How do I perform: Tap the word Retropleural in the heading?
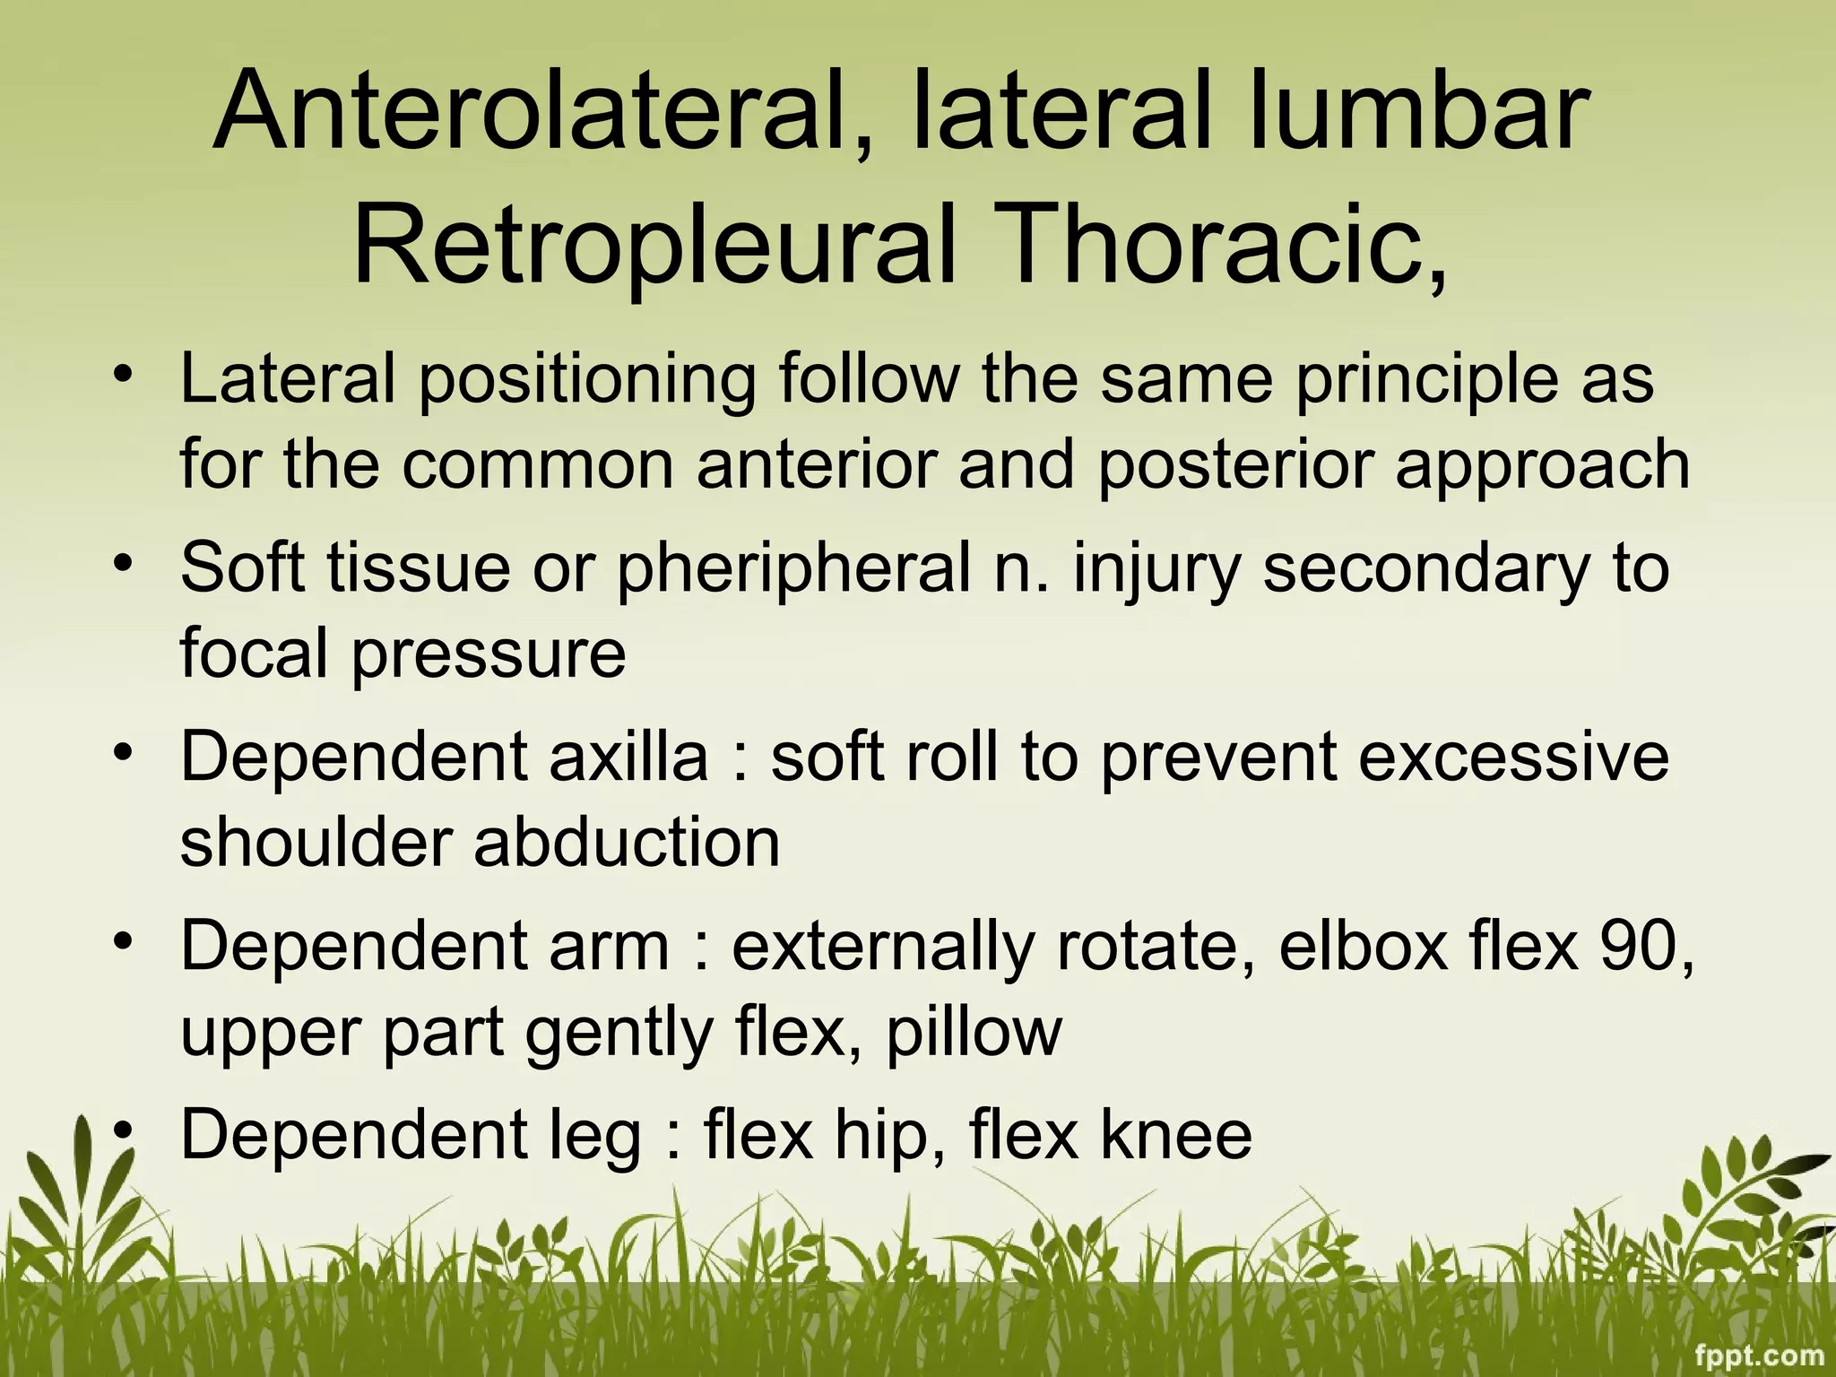[655, 245]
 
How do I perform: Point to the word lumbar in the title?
[1416, 114]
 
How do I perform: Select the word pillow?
[974, 1033]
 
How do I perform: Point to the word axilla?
[628, 757]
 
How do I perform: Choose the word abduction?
[627, 843]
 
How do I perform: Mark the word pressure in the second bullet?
[488, 654]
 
